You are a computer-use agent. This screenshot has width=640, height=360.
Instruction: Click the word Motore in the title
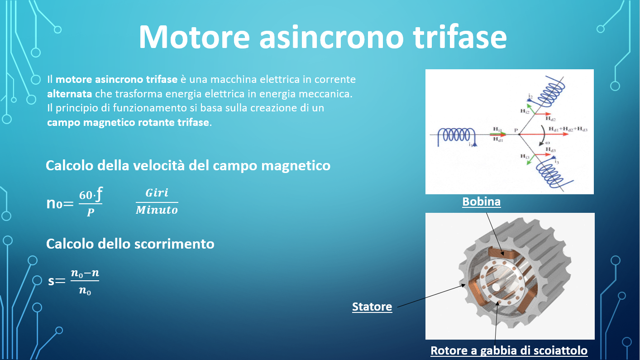(x=194, y=37)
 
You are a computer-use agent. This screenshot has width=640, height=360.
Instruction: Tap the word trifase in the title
(x=460, y=37)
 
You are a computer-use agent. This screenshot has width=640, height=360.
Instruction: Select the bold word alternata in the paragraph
(x=69, y=94)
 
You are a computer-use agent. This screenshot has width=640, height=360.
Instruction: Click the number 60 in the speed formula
(x=86, y=195)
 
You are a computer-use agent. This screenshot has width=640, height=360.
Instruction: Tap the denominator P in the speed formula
(x=91, y=212)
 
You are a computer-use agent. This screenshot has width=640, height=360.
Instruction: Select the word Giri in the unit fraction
(x=157, y=193)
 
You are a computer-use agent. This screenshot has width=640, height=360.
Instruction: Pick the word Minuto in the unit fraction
(x=157, y=210)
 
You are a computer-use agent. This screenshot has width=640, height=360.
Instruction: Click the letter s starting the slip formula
(x=51, y=281)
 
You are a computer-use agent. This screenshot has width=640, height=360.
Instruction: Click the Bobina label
(x=482, y=202)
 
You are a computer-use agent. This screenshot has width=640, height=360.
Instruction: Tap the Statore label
(x=372, y=307)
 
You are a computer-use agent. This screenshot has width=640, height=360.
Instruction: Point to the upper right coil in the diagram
(x=551, y=91)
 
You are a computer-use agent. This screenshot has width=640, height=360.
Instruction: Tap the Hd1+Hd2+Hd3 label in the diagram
(x=568, y=129)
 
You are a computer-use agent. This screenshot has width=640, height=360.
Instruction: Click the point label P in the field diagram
(x=516, y=130)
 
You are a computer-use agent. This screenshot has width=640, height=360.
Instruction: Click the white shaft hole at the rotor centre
(x=496, y=287)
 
